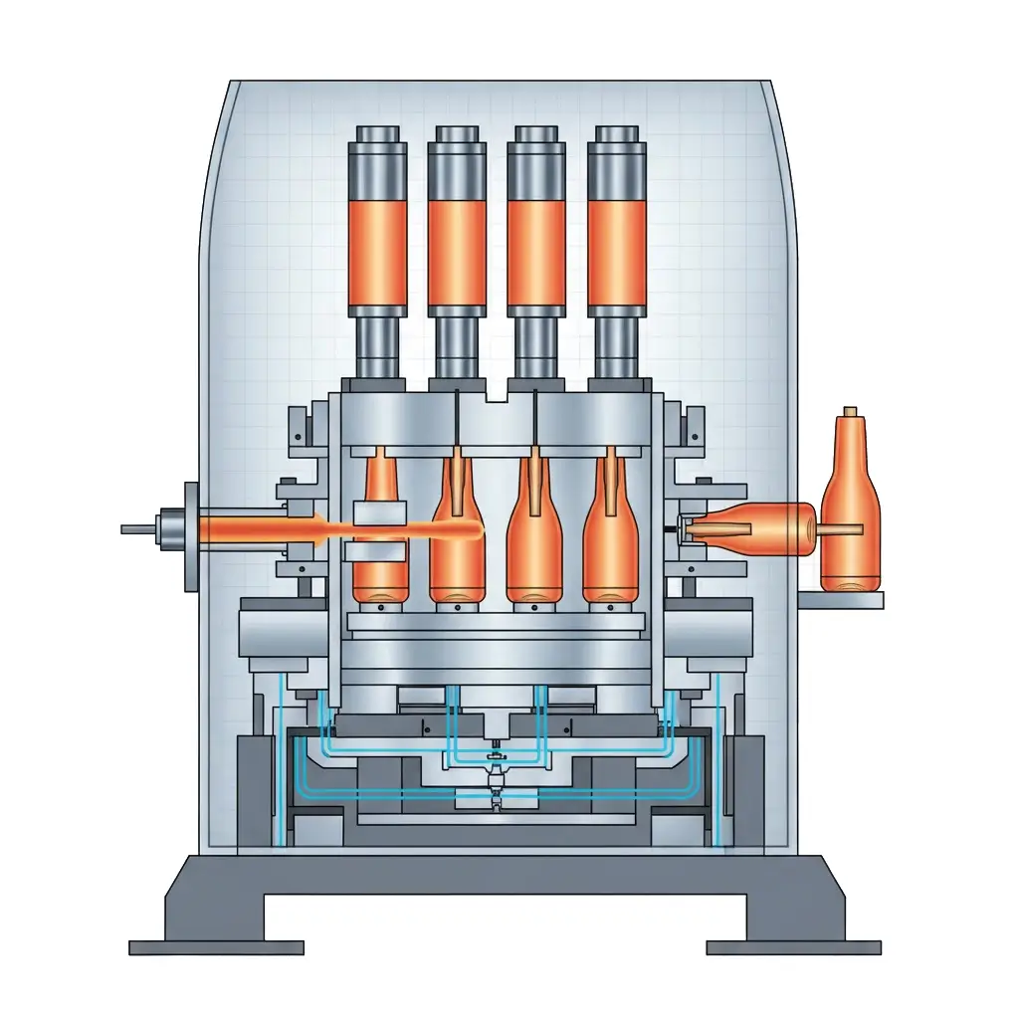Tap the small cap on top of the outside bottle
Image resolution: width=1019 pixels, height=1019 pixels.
click(850, 411)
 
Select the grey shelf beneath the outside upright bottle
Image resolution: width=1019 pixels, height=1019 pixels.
click(840, 600)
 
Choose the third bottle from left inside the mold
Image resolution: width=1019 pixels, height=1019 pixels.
click(535, 547)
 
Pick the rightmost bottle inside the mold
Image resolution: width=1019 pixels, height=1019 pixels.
click(610, 547)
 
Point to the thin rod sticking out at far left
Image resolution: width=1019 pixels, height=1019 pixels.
click(136, 529)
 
